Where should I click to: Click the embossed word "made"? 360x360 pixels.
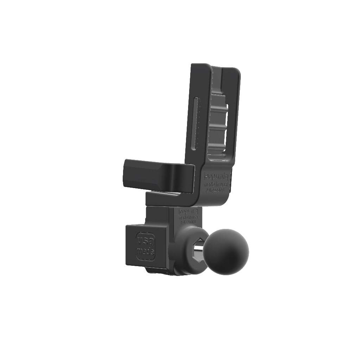145,252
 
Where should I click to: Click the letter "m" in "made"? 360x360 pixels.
139,252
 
